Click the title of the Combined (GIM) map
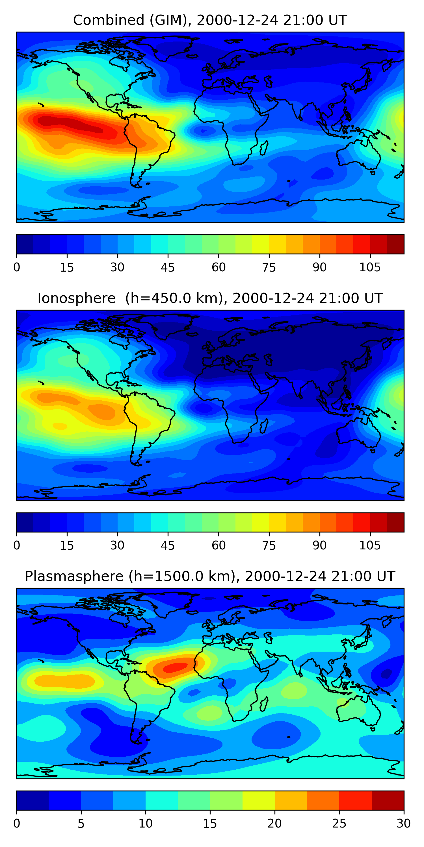210,20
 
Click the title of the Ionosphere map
210,298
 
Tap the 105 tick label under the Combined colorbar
370,267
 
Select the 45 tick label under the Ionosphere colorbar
168,545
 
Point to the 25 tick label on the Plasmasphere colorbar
339,824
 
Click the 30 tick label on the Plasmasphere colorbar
403,824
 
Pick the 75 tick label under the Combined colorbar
269,267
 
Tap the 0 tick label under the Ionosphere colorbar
17,545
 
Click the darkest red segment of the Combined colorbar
395,244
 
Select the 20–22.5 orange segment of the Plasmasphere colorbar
291,800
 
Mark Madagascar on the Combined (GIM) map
264,147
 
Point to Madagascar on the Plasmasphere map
264,704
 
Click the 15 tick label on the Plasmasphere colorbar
210,824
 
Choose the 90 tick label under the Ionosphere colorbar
319,545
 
